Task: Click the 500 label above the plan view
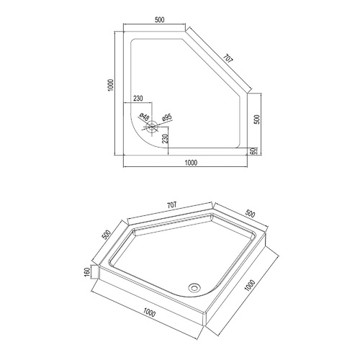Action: click(x=160, y=20)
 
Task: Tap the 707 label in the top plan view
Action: click(x=228, y=59)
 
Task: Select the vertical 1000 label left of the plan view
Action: click(x=111, y=85)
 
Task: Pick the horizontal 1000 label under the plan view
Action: click(x=191, y=163)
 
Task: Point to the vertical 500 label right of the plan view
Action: click(x=257, y=120)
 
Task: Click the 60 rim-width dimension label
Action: click(x=252, y=151)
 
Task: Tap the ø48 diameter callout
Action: click(x=145, y=117)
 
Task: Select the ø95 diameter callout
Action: click(x=166, y=117)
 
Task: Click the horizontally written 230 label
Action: click(x=138, y=99)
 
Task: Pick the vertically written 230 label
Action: click(x=165, y=139)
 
